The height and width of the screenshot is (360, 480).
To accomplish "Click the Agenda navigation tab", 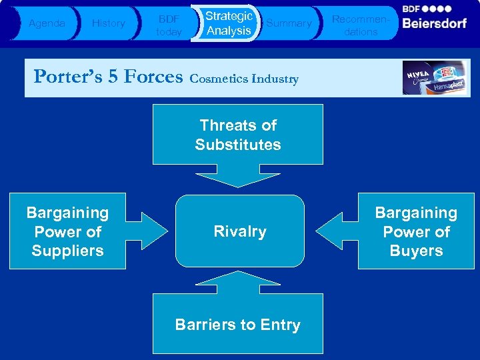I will click(47, 23).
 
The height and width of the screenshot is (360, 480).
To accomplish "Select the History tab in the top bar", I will click(108, 23).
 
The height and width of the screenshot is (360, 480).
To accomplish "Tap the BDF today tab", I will click(168, 23).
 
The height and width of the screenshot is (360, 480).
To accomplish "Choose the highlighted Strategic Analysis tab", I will click(228, 23).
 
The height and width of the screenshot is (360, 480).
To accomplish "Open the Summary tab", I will click(289, 23).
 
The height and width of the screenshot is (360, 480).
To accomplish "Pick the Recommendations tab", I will click(355, 23).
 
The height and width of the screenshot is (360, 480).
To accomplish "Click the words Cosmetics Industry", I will click(244, 79).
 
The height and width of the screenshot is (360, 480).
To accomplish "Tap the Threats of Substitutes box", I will click(238, 135).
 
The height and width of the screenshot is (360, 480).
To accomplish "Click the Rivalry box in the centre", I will click(239, 231).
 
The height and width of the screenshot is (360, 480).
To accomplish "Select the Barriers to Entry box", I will click(238, 325).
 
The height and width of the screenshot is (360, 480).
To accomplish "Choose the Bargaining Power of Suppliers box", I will click(67, 231).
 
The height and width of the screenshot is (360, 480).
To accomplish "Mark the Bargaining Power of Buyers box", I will click(416, 231).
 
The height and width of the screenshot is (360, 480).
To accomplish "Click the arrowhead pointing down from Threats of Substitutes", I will click(238, 176).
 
